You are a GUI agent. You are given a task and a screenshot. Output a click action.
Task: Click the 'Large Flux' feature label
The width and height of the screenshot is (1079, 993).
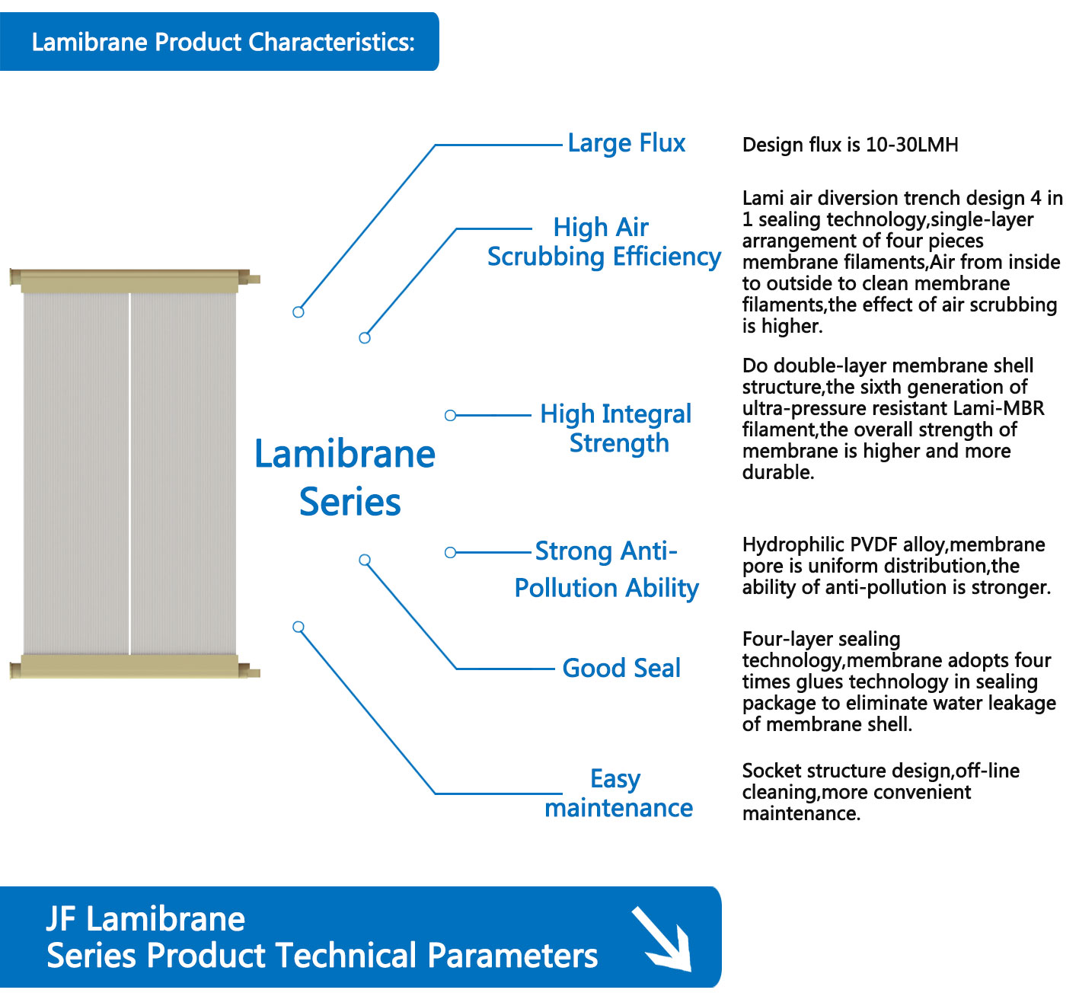pyautogui.click(x=626, y=144)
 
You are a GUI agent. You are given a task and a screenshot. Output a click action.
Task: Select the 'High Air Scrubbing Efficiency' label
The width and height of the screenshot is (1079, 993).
pyautogui.click(x=604, y=242)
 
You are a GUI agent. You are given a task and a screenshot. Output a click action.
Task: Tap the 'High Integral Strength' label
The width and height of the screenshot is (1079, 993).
pyautogui.click(x=615, y=429)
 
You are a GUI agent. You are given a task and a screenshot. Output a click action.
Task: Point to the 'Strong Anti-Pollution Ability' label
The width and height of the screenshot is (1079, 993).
pyautogui.click(x=606, y=570)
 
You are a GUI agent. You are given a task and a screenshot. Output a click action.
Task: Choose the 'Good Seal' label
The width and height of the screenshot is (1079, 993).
pyautogui.click(x=621, y=668)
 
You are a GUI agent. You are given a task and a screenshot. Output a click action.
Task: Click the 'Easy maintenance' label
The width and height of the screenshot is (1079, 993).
pyautogui.click(x=618, y=793)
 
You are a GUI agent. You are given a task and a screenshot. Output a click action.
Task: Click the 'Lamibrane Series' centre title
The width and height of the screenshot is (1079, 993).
pyautogui.click(x=345, y=477)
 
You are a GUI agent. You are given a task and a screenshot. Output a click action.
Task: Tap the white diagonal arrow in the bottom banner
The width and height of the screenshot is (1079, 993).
pyautogui.click(x=662, y=939)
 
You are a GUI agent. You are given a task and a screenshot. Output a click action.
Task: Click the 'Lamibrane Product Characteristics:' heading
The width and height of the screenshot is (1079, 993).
pyautogui.click(x=223, y=42)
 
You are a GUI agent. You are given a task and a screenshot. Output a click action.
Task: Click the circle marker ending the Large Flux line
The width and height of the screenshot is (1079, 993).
pyautogui.click(x=298, y=312)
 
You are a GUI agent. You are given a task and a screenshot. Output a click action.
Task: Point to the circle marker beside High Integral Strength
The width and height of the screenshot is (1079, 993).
pyautogui.click(x=450, y=415)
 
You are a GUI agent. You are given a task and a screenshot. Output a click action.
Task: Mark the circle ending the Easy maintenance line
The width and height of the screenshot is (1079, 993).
pyautogui.click(x=298, y=627)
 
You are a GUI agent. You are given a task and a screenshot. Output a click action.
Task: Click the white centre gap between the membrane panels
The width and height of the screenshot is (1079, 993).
pyautogui.click(x=129, y=474)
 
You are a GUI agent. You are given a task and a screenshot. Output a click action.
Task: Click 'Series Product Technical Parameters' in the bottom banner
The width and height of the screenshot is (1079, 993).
pyautogui.click(x=322, y=956)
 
